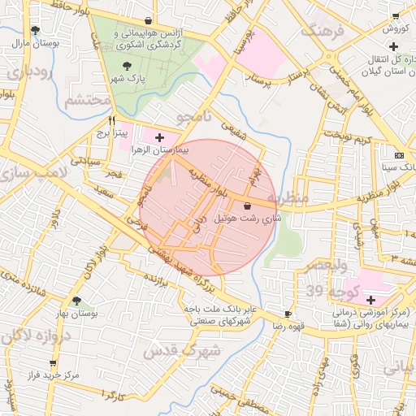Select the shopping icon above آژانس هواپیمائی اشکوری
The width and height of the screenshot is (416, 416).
click(147, 20)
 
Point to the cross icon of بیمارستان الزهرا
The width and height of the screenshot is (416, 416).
click(159, 138)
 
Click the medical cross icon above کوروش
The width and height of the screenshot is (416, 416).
click(393, 15)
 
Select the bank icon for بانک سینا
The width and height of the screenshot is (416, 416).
click(398, 154)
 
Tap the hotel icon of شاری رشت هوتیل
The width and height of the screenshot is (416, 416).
click(247, 207)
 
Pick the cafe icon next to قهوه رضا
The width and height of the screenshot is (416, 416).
click(288, 314)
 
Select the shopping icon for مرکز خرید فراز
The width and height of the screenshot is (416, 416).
click(53, 363)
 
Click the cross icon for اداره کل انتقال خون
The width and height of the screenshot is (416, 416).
click(326, 57)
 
